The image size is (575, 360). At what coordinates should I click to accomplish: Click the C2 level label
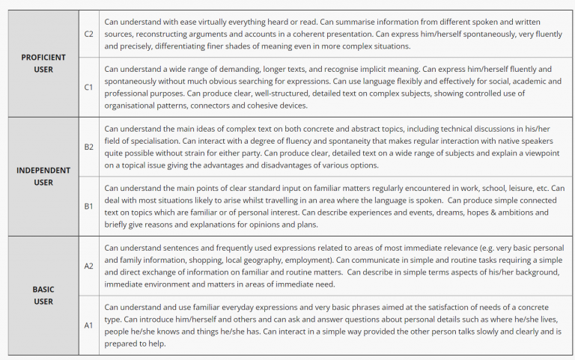click(88, 34)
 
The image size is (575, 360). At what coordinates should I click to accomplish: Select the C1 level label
click(88, 87)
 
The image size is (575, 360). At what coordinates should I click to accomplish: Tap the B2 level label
click(88, 147)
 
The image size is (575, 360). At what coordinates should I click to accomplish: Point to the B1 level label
click(88, 206)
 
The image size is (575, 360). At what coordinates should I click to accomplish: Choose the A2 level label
click(88, 266)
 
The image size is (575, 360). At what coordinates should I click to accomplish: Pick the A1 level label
click(88, 326)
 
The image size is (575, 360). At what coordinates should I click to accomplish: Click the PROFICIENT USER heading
click(43, 63)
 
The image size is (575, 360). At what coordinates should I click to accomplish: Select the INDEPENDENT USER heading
click(43, 176)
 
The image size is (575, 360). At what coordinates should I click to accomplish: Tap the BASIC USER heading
click(43, 295)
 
